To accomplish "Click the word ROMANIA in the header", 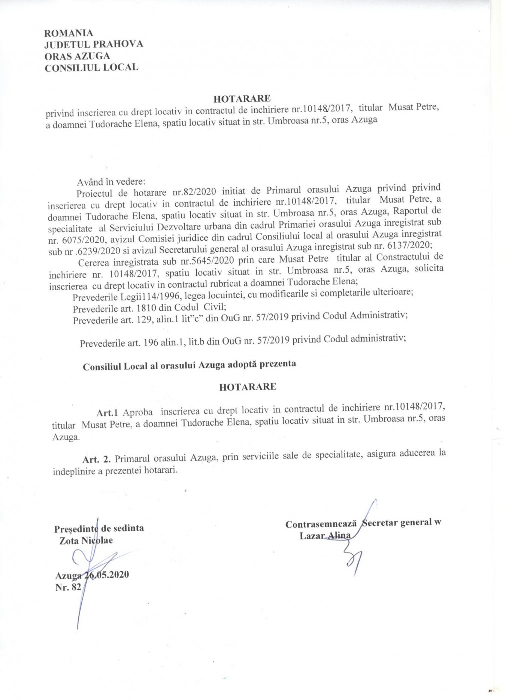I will click(69, 33).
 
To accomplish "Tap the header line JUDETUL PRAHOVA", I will click(94, 44).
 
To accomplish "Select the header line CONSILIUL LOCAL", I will click(92, 67).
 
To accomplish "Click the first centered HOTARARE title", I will click(242, 99).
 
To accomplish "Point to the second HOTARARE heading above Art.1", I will click(247, 387).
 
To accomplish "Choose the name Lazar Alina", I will click(325, 535).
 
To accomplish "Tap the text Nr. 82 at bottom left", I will click(68, 588).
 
